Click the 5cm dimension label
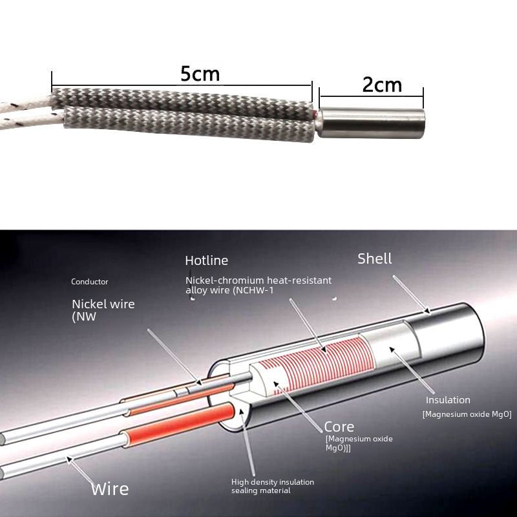(200, 74)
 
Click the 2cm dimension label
(382, 85)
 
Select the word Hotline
(207, 260)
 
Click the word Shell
(375, 258)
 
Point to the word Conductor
(90, 282)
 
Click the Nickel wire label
(103, 304)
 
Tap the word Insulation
(448, 400)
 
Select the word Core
(339, 427)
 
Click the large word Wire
(110, 489)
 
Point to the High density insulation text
(273, 482)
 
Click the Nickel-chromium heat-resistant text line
(258, 280)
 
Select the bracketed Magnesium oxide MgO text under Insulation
(467, 414)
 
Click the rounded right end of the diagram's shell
(481, 343)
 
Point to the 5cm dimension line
(181, 85)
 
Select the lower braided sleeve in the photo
(194, 126)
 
